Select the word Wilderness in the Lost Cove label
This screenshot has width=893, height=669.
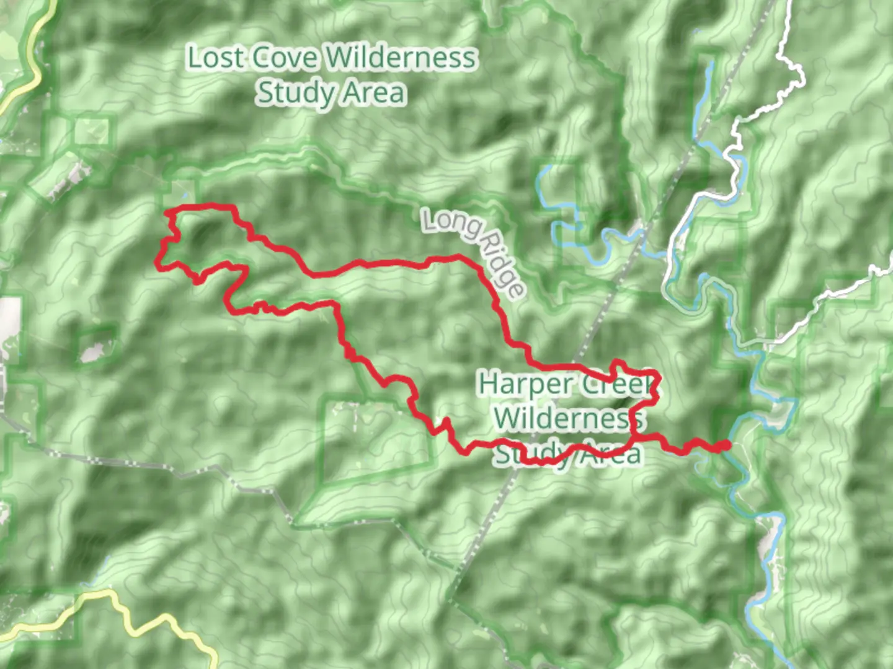click(x=401, y=58)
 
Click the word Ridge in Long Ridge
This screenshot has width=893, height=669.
click(x=504, y=266)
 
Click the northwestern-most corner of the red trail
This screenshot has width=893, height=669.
click(x=167, y=212)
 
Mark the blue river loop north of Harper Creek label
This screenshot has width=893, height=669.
click(x=561, y=211)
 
